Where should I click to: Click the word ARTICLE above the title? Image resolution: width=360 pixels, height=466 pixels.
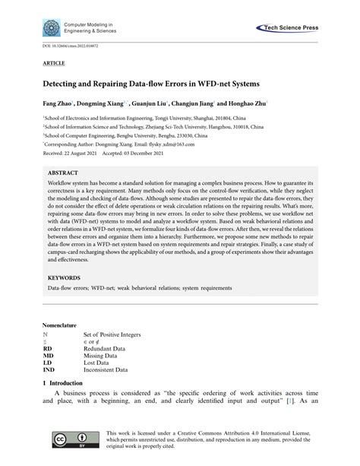(55, 66)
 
